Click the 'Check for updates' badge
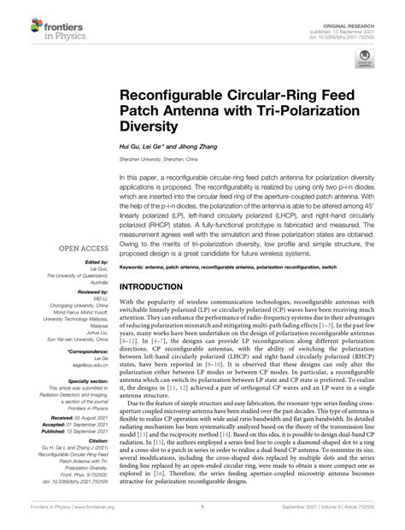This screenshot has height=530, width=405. click(x=363, y=61)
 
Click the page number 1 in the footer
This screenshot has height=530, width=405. click(x=202, y=518)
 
